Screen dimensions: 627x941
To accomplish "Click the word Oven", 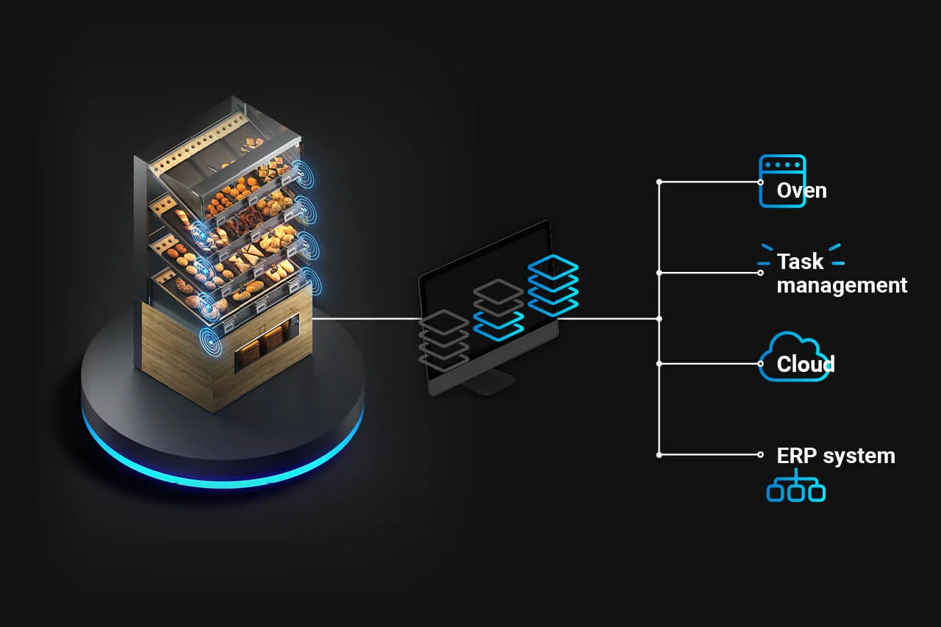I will (x=801, y=191).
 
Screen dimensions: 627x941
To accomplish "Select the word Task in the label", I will (x=800, y=262).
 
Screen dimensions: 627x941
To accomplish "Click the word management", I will (x=842, y=285).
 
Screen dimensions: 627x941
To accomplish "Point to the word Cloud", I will (x=806, y=365).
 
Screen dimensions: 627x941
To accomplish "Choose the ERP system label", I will (x=836, y=456).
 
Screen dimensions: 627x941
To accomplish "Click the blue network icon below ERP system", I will (x=795, y=489).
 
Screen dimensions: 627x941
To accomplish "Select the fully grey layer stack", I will (x=443, y=338).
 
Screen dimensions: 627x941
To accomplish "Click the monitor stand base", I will (x=490, y=381).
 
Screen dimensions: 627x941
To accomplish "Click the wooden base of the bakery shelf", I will (x=176, y=353).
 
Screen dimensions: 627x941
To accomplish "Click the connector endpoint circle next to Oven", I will (x=761, y=182).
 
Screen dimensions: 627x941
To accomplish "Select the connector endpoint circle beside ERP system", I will (x=761, y=455).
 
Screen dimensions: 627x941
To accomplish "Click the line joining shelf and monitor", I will (x=368, y=318).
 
